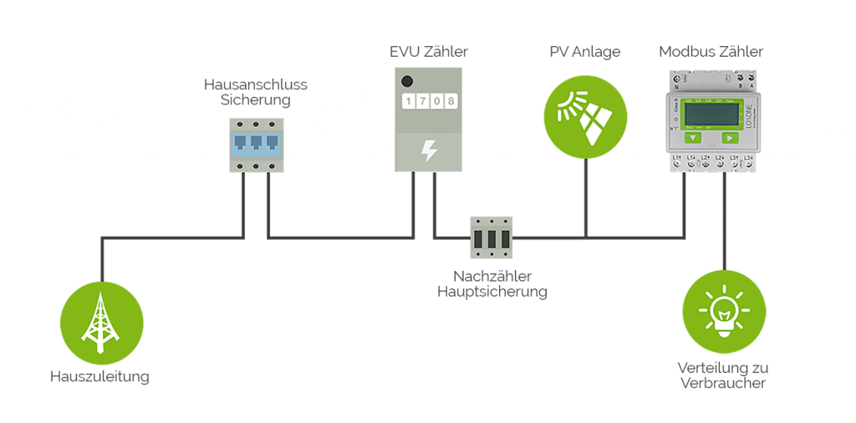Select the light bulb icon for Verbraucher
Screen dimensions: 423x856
coord(724,312)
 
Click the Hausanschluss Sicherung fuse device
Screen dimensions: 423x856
coord(257,145)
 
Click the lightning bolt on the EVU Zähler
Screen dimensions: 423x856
coord(428,150)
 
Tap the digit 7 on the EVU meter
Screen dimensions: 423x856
coord(422,102)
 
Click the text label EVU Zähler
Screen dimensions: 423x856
coord(428,52)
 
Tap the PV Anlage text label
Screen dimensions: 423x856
coord(585,52)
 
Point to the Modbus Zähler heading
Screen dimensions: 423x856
coord(711,52)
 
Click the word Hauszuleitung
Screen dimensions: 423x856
coord(99,376)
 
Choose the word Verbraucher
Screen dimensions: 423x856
coord(724,384)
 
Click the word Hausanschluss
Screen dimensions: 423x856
coord(256,84)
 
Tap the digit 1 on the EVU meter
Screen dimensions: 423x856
coord(409,102)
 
